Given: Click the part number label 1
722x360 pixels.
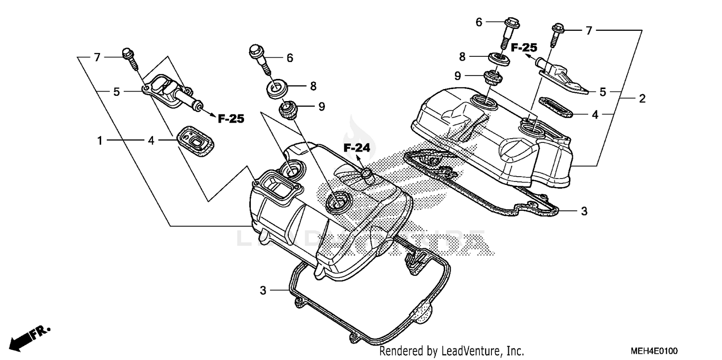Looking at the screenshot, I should coord(100,141).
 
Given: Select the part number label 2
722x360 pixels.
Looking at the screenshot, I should coord(642,99).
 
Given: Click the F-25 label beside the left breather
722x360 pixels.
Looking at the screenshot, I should coord(231,118).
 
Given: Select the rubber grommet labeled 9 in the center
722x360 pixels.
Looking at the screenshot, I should coord(289,110).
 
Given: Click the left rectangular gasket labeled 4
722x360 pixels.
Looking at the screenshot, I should coord(195,140).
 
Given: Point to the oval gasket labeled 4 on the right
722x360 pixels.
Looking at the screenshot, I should coord(554,107).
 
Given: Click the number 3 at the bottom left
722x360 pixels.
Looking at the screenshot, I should coord(263,290).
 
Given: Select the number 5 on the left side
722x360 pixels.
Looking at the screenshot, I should coord(116,91).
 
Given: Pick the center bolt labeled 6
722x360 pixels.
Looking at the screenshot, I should coord(259,57).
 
